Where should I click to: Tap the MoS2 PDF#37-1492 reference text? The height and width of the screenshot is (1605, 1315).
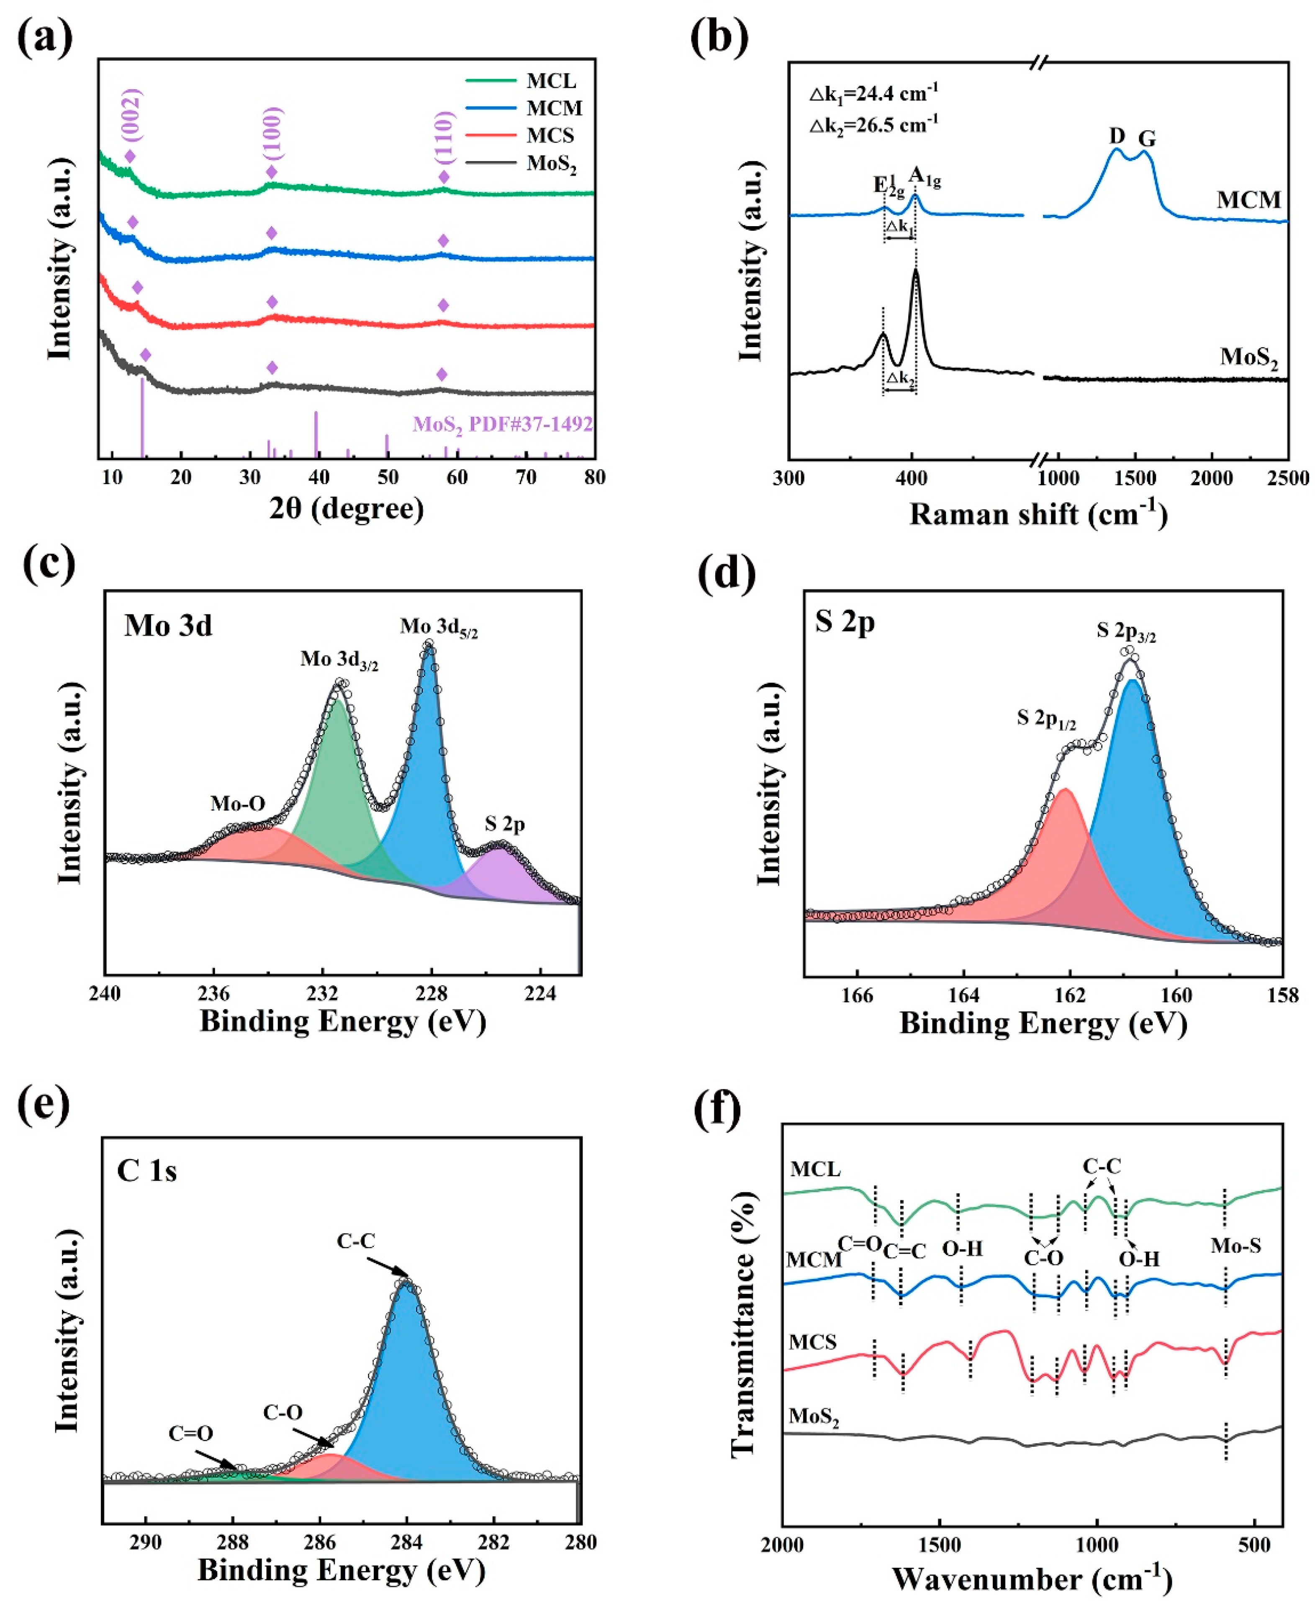coord(502,424)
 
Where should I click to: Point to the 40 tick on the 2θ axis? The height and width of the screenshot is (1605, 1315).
coord(319,477)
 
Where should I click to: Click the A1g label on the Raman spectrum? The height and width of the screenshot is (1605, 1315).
coord(924,178)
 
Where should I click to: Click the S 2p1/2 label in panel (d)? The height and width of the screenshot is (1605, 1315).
coord(1045,719)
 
